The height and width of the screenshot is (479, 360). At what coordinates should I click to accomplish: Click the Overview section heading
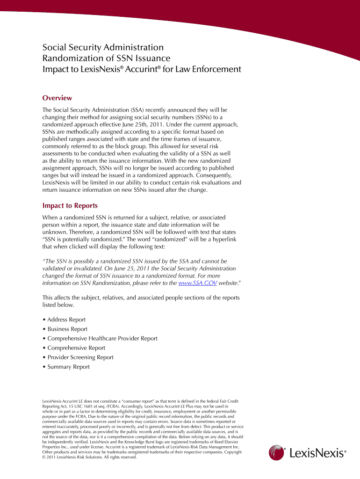[x=57, y=98]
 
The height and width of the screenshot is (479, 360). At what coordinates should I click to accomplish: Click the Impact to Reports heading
[x=70, y=205]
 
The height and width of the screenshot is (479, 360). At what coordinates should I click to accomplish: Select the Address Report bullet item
[x=66, y=319]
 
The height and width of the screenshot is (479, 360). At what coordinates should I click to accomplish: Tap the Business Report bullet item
[x=67, y=329]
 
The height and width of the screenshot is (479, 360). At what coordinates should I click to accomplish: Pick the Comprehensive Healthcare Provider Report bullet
[x=102, y=338]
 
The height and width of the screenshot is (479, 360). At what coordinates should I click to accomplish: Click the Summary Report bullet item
[x=68, y=367]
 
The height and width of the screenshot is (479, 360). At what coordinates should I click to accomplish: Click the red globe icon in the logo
[x=277, y=453]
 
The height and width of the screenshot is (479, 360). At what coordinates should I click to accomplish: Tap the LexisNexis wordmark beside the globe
[x=317, y=453]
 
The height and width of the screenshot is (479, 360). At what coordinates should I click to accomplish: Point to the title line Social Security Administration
[x=103, y=47]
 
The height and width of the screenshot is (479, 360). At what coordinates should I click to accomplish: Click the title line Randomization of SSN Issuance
[x=106, y=58]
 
